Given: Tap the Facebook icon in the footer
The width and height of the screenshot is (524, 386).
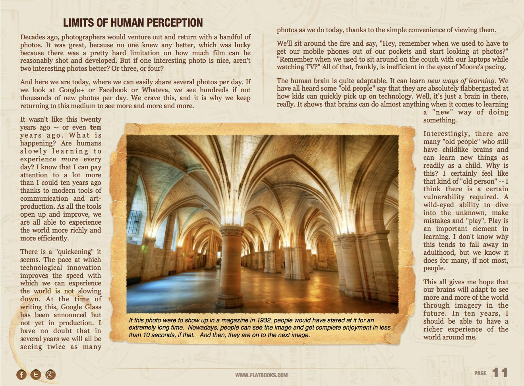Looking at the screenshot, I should [21, 374].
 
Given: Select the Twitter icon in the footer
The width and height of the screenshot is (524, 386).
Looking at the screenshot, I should [36, 374].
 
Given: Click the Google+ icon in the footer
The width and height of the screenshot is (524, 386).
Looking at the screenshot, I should [50, 374].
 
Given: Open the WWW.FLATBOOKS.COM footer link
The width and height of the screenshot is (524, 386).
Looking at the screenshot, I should [261, 375].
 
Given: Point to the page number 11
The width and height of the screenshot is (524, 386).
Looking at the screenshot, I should [500, 373].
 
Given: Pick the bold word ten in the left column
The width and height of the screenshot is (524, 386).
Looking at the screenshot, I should [95, 128].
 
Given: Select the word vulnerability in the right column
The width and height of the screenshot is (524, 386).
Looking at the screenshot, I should [438, 197].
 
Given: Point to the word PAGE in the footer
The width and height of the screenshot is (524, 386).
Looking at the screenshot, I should [480, 373].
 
